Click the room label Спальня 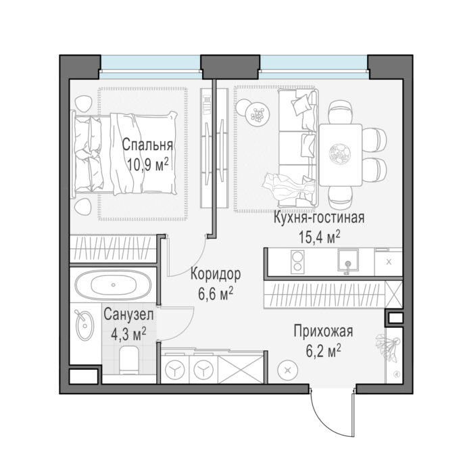pyautogui.click(x=147, y=145)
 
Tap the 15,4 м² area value pyautogui.click(x=319, y=237)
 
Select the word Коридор pyautogui.click(x=216, y=274)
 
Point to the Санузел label pyautogui.click(x=128, y=314)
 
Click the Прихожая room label pyautogui.click(x=323, y=331)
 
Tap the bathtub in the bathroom pyautogui.click(x=113, y=285)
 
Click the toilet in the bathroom pyautogui.click(x=129, y=360)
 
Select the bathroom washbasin pyautogui.click(x=84, y=325)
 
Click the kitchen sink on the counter pyautogui.click(x=348, y=260)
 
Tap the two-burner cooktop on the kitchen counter pyautogui.click(x=297, y=261)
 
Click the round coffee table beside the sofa pyautogui.click(x=258, y=114)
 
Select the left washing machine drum pyautogui.click(x=175, y=370)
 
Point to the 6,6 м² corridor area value pyautogui.click(x=216, y=293)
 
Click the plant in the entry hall pyautogui.click(x=387, y=348)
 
